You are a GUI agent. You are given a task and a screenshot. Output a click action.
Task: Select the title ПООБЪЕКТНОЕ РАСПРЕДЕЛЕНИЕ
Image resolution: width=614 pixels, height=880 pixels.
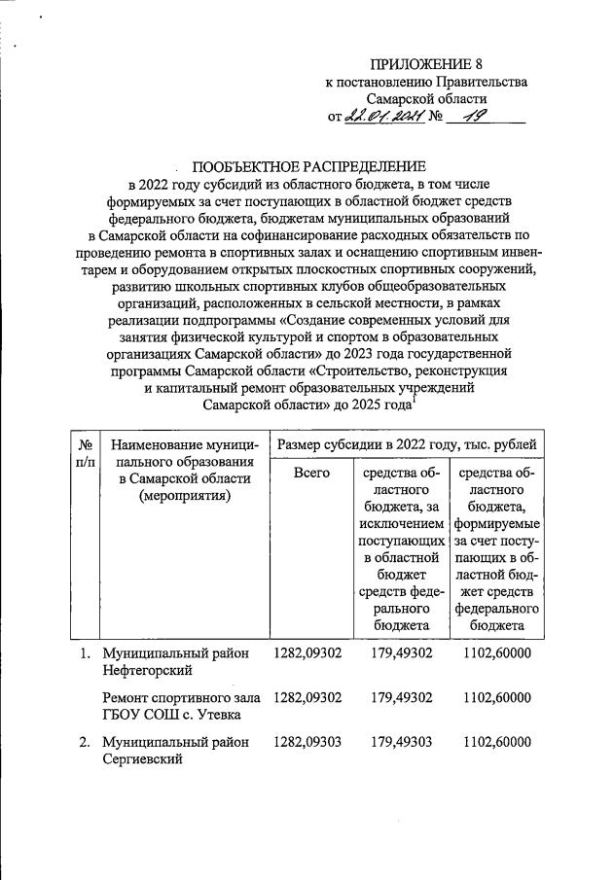pyautogui.click(x=308, y=166)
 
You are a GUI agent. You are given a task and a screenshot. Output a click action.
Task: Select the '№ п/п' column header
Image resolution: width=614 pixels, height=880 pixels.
pyautogui.click(x=84, y=453)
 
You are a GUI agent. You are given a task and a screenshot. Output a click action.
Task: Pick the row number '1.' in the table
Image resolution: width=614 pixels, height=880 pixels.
pyautogui.click(x=86, y=653)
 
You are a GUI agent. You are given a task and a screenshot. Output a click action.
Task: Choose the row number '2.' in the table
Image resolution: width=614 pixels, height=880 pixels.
pyautogui.click(x=86, y=742)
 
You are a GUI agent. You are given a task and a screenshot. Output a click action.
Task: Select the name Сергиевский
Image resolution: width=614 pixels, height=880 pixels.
pyautogui.click(x=145, y=759)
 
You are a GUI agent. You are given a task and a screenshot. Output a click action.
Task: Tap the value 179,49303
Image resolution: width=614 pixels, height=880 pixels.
pyautogui.click(x=404, y=742)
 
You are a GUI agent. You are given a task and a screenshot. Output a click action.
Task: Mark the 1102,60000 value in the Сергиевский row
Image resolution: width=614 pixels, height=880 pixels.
pyautogui.click(x=497, y=742)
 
